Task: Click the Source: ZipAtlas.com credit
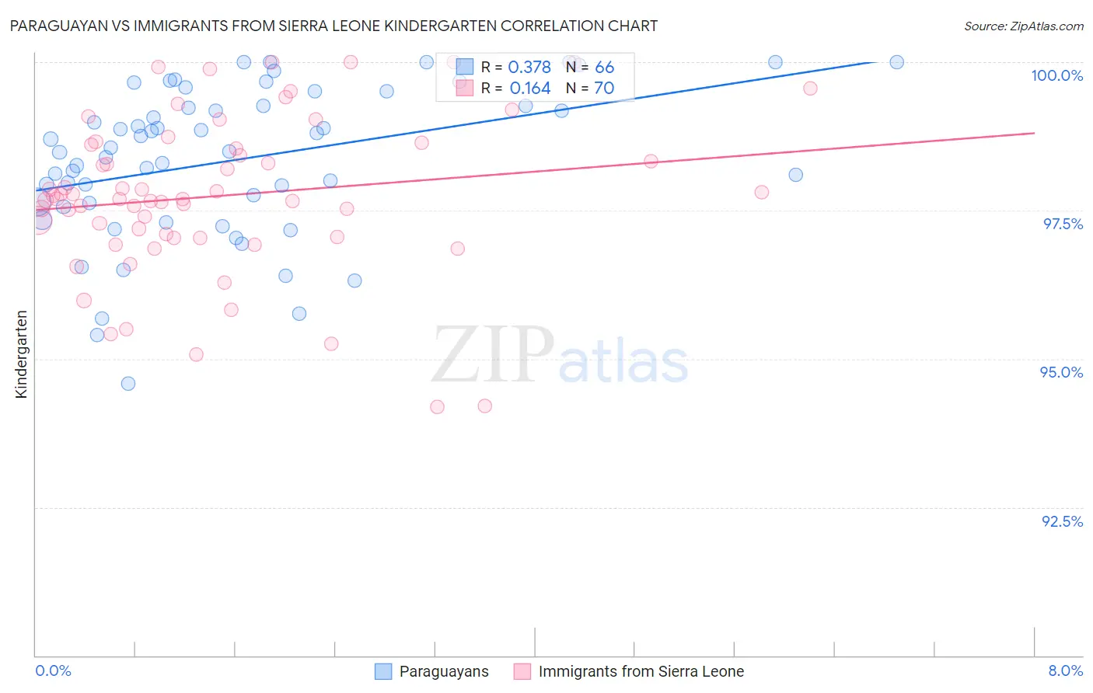pos(1023,26)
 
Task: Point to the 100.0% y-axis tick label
pos(1056,75)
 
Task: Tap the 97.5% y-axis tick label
pos(1062,224)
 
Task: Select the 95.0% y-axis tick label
pos(1061,372)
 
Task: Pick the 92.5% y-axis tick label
pos(1062,521)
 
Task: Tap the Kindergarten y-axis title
pos(21,354)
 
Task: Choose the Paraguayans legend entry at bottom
pos(443,672)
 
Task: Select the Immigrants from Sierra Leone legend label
pos(641,672)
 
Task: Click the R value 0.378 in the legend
pos(529,68)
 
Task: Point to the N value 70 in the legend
pos(604,89)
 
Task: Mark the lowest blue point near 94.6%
pos(128,384)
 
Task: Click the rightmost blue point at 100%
pos(896,62)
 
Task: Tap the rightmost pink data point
pos(810,89)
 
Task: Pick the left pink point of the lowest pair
pos(437,407)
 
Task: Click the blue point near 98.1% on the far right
pos(795,175)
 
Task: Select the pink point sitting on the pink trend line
pos(651,162)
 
